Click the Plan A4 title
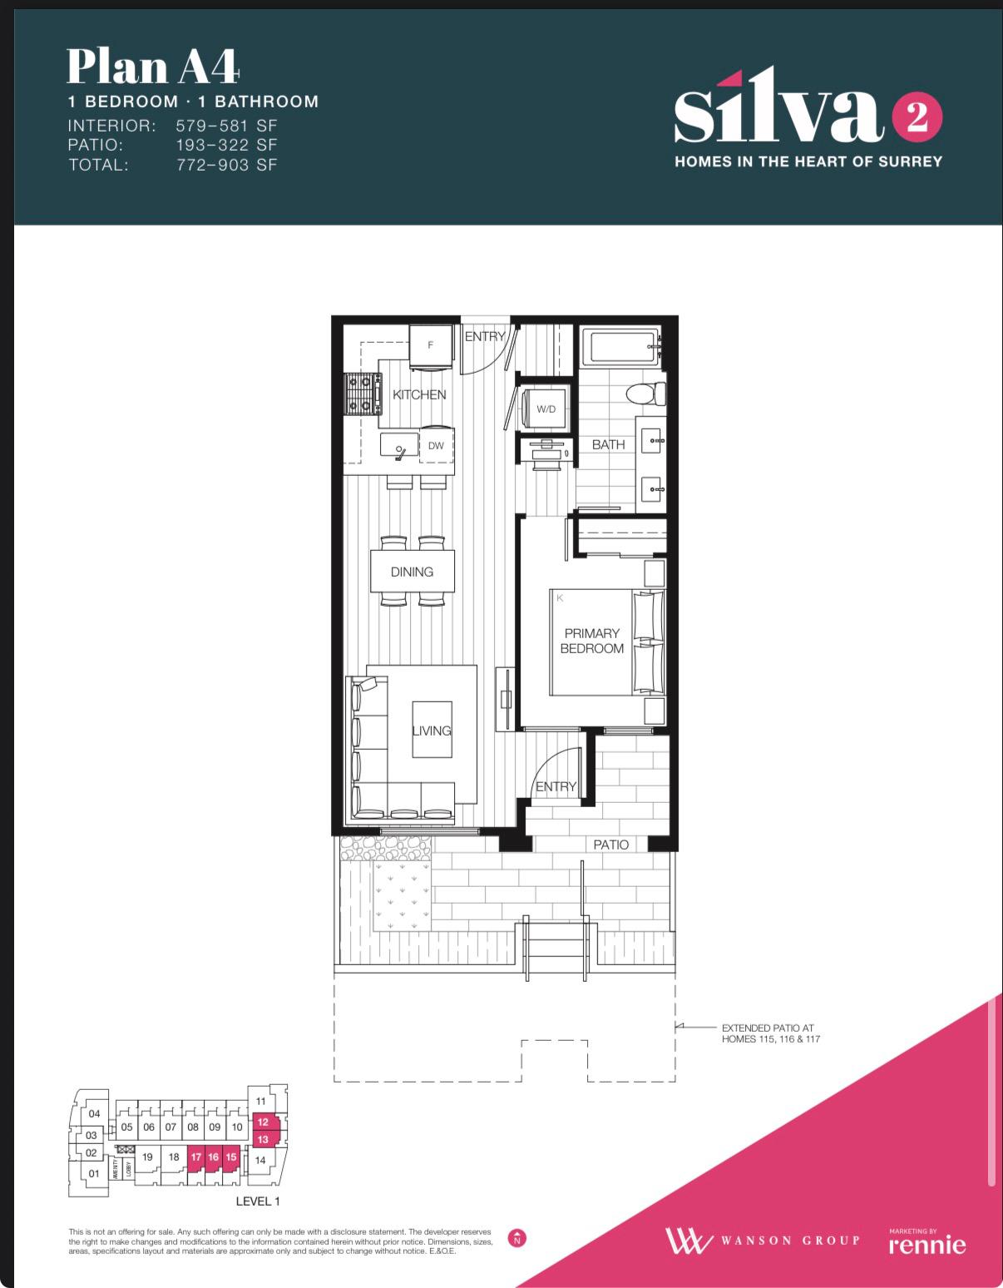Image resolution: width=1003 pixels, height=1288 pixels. [x=154, y=67]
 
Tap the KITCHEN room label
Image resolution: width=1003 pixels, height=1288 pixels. [x=419, y=394]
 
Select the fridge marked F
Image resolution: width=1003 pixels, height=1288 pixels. [x=431, y=344]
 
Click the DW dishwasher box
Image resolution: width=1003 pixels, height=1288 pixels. [x=437, y=446]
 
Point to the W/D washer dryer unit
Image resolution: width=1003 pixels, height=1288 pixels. [x=546, y=409]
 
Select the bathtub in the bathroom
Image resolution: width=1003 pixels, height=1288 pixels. [x=621, y=346]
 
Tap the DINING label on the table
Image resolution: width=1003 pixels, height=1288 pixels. [x=412, y=572]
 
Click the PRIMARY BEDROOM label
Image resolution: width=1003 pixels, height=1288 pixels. [x=591, y=641]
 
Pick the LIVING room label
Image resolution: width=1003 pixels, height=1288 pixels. [x=432, y=731]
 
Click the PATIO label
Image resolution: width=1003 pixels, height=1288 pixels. [x=611, y=845]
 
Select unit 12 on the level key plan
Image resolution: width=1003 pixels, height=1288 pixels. [x=263, y=1122]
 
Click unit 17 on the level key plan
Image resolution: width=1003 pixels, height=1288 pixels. [x=196, y=1157]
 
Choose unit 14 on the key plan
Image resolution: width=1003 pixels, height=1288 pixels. [x=260, y=1160]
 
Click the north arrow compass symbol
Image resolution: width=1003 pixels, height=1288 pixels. [x=517, y=1238]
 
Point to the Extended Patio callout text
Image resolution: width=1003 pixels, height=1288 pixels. [x=770, y=1033]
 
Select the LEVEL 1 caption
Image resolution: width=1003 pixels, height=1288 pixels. [x=258, y=1201]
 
